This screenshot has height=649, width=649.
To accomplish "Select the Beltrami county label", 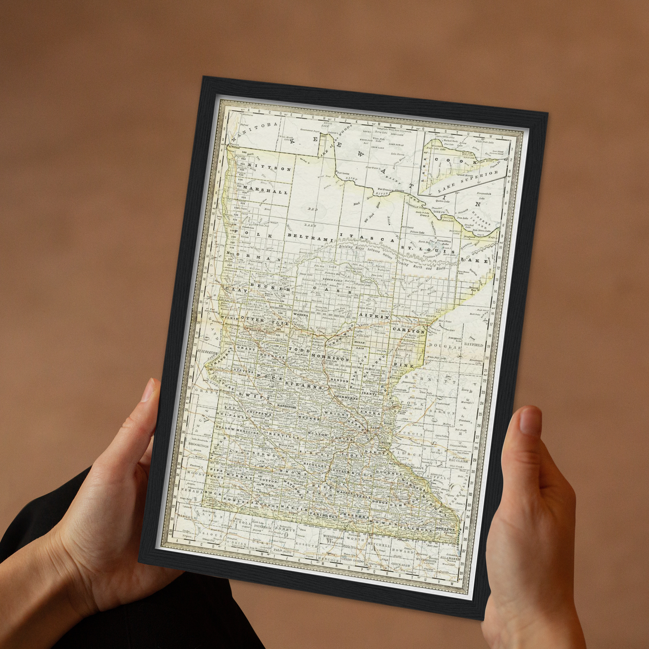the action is pos(310,236).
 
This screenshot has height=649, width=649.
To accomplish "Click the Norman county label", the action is pos(258,257).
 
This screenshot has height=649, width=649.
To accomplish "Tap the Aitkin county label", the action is pos(374,317).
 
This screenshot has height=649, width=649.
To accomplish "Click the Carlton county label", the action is pos(408,331).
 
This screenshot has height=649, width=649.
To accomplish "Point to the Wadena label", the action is pos(301,315).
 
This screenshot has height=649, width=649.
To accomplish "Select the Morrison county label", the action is pos(330,357).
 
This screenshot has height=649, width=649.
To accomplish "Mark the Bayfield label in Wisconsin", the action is pos(474,345).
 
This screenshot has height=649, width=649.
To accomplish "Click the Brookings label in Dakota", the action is pos(199,444).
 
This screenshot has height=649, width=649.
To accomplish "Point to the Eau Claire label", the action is pos(458,461).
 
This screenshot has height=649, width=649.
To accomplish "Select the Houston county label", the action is pos(445,529).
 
